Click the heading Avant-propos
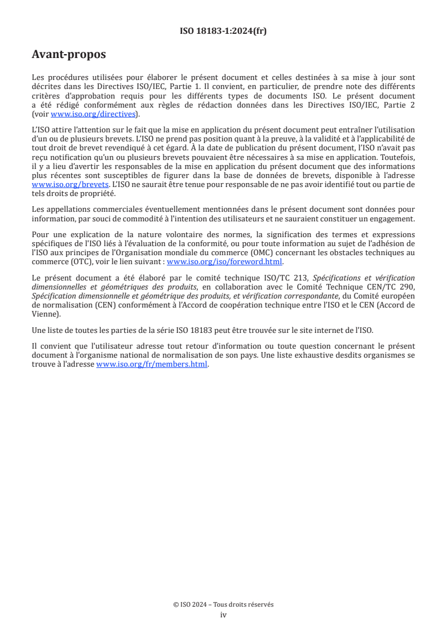point(69,55)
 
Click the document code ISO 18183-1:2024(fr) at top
point(223,31)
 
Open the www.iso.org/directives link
point(93,114)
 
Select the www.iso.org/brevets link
point(70,185)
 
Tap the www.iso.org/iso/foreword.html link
point(224,262)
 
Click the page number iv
point(223,615)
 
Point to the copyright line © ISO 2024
point(223,604)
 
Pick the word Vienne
point(45,314)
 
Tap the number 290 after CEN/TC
point(407,286)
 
